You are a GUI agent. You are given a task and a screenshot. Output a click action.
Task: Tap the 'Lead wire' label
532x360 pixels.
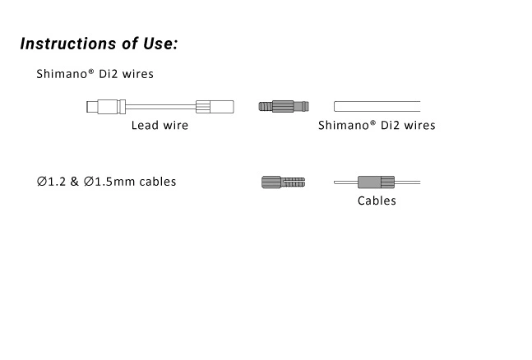tap(160, 126)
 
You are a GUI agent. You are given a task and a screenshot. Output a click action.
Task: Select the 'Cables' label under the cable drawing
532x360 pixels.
tap(377, 201)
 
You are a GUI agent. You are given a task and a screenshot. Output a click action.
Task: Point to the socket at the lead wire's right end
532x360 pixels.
tap(215, 106)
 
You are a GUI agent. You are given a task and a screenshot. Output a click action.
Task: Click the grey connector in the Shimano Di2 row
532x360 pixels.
tap(281, 106)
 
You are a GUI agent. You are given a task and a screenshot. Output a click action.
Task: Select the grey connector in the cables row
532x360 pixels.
tap(282, 182)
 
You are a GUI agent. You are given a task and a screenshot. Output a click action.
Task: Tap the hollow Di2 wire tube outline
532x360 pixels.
tap(377, 106)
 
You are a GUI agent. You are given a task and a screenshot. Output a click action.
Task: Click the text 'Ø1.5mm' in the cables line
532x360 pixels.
tap(109, 182)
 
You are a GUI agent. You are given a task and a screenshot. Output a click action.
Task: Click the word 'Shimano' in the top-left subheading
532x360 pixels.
tap(62, 74)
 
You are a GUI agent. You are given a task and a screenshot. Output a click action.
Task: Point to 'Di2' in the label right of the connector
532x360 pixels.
tap(391, 126)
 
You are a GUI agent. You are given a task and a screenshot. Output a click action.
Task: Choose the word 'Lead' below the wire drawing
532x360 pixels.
tap(145, 126)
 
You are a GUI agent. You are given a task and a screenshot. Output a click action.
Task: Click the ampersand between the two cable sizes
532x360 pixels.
tap(76, 182)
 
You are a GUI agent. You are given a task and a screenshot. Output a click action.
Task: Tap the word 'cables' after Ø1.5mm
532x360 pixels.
tap(156, 182)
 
